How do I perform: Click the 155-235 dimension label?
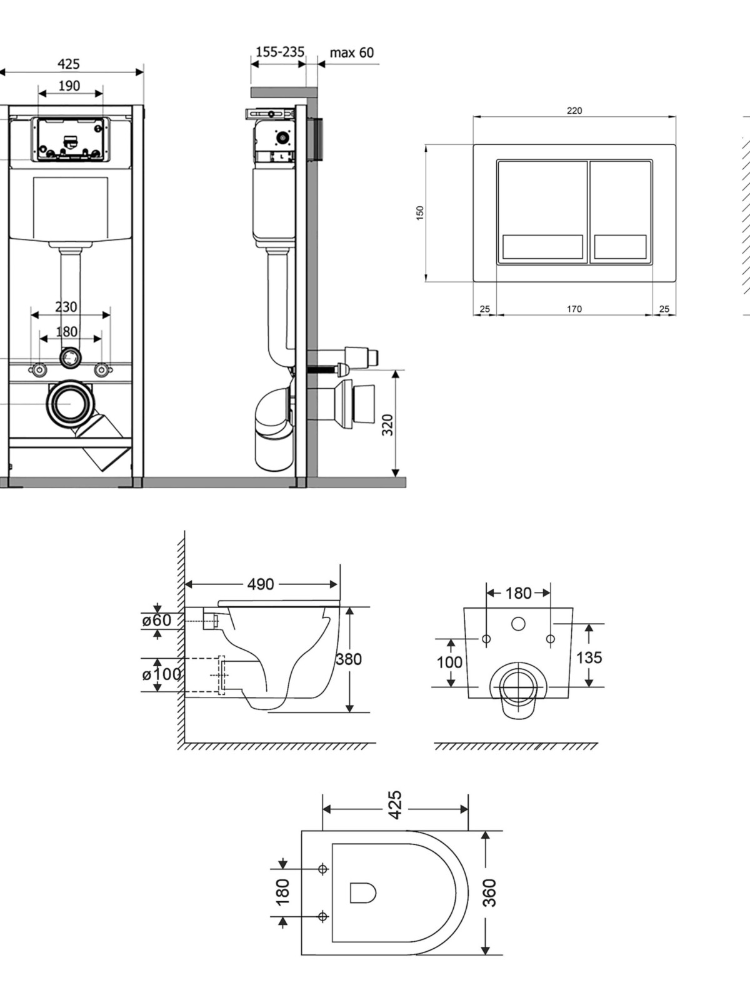(x=279, y=52)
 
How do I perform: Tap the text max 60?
(x=352, y=52)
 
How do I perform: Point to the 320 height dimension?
(x=388, y=425)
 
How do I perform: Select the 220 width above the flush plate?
(x=574, y=111)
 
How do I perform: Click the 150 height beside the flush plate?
(x=420, y=212)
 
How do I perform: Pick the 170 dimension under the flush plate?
(x=574, y=309)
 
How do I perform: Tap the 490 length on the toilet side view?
(x=261, y=584)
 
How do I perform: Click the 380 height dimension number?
(x=349, y=659)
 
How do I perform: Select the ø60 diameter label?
(x=156, y=620)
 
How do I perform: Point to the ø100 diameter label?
(x=161, y=674)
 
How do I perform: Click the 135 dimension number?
(x=589, y=657)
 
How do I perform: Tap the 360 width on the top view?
(x=489, y=892)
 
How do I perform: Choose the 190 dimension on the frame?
(x=69, y=85)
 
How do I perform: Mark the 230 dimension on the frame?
(x=66, y=306)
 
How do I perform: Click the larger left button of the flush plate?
(x=542, y=211)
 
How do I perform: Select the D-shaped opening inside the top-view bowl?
(x=362, y=892)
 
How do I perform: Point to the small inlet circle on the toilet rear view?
(x=517, y=623)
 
